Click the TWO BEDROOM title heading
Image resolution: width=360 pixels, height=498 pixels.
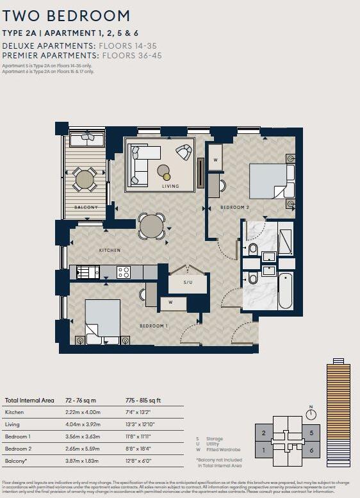66,16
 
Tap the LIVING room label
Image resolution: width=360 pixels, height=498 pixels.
170,187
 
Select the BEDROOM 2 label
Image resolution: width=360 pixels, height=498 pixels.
234,208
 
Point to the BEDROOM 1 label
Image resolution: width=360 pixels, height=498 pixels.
154,326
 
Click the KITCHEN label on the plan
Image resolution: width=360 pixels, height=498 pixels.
110,250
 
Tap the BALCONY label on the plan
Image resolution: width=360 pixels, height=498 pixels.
85,208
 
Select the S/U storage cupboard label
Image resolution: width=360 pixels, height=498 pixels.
188,282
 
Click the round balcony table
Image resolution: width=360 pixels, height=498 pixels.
85,179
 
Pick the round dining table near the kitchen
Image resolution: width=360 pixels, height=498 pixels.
152,226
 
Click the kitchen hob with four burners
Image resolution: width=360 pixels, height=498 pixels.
123,272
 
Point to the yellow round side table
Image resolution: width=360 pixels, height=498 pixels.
167,176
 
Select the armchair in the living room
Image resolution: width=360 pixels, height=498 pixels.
184,153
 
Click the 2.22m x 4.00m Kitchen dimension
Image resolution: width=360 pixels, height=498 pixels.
83,412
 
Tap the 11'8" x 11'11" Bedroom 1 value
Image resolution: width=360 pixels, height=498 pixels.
142,435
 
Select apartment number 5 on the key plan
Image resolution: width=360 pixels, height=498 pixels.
311,433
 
